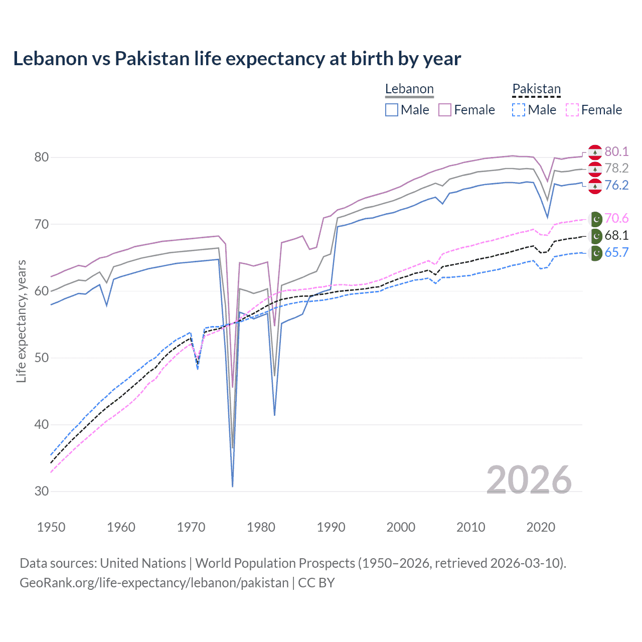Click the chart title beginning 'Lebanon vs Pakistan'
pos(237,59)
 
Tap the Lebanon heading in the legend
pos(409,89)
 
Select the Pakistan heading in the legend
pos(536,89)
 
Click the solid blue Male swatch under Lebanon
pos(392,110)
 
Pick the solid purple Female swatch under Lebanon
pos(445,110)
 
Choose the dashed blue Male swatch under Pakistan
pos(519,110)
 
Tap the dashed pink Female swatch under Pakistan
pos(572,110)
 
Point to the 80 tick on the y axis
pos(42,157)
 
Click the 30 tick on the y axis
pos(42,492)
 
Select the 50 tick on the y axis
pos(42,358)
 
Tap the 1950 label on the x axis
pos(51,527)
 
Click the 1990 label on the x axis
pos(331,527)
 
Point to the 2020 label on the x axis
pos(541,527)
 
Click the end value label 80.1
pos(616,152)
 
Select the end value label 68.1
pos(616,236)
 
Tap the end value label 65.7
pos(616,253)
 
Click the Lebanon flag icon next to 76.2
pos(595,186)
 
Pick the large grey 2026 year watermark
pos(529,480)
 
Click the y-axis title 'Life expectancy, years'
pos(21,321)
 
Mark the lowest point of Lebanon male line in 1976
pos(233,486)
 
